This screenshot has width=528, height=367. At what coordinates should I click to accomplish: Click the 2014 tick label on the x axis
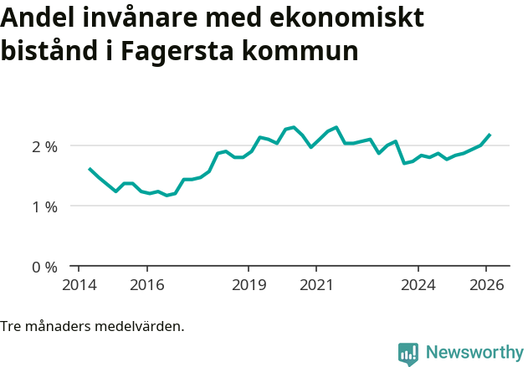pos(79,284)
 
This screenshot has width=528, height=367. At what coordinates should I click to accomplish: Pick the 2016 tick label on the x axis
pos(146,284)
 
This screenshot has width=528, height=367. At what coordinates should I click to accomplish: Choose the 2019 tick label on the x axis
pos(249,284)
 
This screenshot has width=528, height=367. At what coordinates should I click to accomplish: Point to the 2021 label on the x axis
pos(316,284)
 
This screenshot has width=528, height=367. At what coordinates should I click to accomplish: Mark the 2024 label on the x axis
pos(418,284)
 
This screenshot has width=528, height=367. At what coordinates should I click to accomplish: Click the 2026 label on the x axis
pos(487,284)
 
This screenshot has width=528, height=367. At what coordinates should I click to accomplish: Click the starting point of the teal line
pos(90,169)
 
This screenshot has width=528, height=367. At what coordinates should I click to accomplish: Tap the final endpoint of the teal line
pos(490,135)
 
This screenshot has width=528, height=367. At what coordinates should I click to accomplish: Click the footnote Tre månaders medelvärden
pos(92,326)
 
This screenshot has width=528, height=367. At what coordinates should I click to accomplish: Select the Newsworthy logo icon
pos(408,354)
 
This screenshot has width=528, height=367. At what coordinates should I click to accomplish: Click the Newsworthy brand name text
pos(474,353)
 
